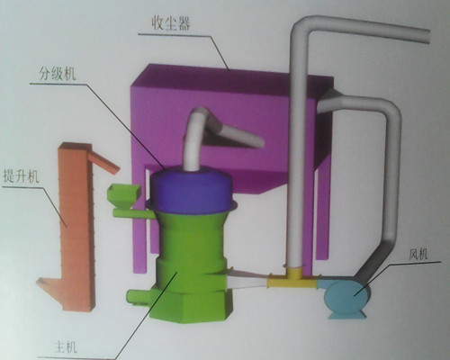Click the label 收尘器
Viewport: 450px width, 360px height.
tap(171, 23)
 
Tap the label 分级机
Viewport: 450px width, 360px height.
tap(58, 73)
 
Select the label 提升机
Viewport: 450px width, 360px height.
tap(21, 175)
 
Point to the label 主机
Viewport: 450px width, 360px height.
tap(66, 347)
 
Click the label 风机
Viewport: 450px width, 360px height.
tap(418, 255)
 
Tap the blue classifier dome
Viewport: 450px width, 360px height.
tap(191, 190)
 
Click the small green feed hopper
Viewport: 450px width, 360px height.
tap(123, 195)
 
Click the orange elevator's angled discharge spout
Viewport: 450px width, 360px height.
tap(105, 162)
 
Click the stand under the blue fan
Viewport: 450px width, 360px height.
tap(347, 315)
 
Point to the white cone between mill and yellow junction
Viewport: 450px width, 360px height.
tap(247, 281)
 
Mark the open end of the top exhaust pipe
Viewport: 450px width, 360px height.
tap(429, 37)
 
